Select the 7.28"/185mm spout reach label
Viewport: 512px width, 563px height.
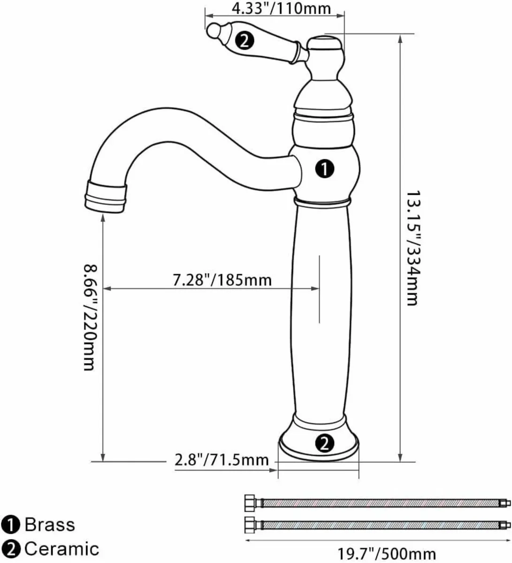[x=222, y=280]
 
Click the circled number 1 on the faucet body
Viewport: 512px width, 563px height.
[x=325, y=168]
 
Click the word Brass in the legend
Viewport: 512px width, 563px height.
[x=49, y=524]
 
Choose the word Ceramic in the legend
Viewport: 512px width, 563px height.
[x=61, y=548]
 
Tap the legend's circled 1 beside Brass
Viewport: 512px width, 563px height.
[x=10, y=525]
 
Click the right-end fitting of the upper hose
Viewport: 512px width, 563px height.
[x=504, y=503]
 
